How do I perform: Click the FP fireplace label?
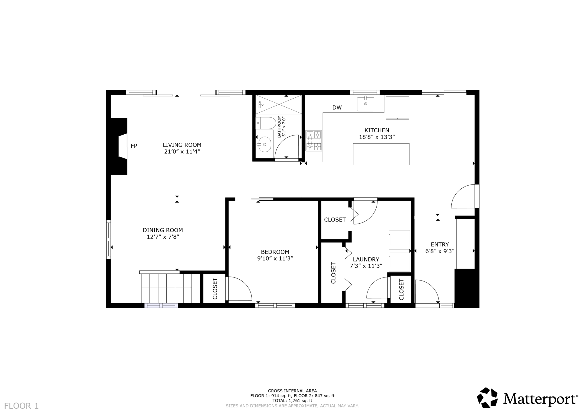[x=134, y=146]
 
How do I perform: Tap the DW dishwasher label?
[x=337, y=107]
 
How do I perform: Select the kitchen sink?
[x=365, y=104]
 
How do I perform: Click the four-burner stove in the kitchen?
[x=314, y=141]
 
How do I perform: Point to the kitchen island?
[x=381, y=154]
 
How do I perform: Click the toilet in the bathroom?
[x=266, y=123]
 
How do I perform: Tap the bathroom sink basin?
[x=265, y=144]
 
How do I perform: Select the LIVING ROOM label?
[x=182, y=145]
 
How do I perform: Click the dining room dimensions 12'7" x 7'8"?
[x=163, y=237]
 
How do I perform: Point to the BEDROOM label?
[x=275, y=252]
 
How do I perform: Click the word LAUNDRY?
[x=366, y=259]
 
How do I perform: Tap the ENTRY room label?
[x=440, y=244]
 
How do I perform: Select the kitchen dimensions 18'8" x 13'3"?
[x=377, y=137]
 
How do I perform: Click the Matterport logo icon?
[x=488, y=397]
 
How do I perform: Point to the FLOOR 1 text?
[x=21, y=406]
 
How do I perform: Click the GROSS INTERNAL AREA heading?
[x=292, y=391]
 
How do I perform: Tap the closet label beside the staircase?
[x=215, y=289]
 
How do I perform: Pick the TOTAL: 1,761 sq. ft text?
[x=292, y=400]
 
